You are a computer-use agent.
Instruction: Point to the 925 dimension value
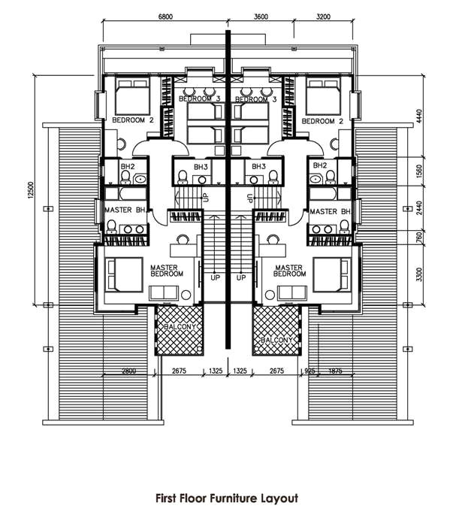(x=310, y=371)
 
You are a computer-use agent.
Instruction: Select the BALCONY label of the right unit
(x=277, y=341)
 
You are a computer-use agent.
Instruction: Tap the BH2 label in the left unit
(x=128, y=166)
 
